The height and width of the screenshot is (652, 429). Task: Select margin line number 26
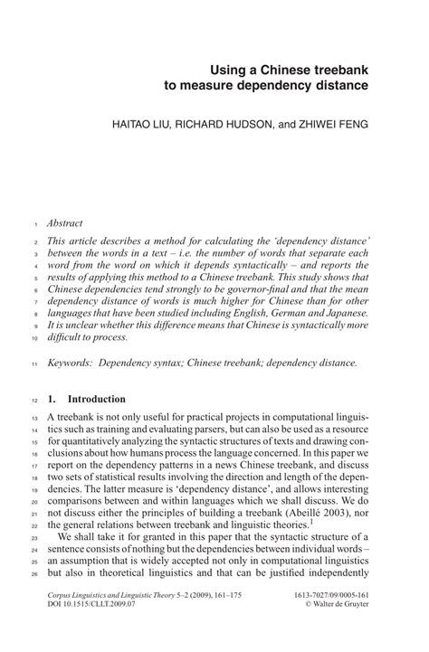tap(32, 574)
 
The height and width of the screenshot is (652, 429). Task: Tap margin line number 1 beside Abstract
tap(33, 223)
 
